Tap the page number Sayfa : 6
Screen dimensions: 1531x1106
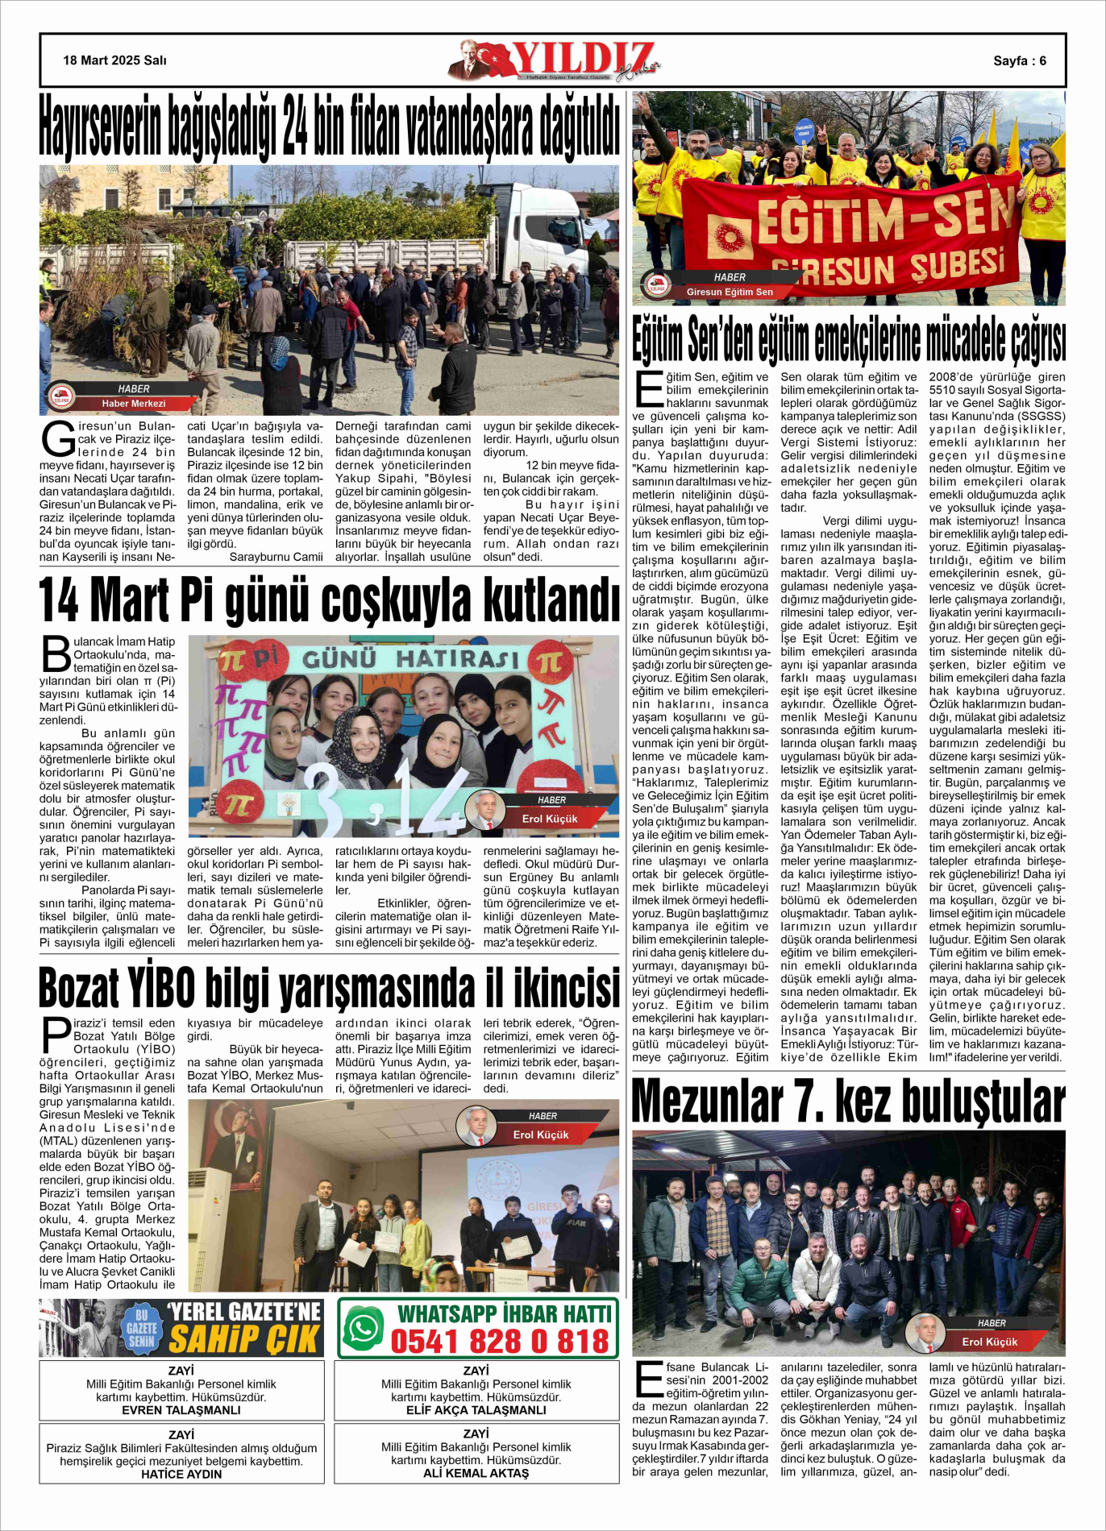pyautogui.click(x=1019, y=60)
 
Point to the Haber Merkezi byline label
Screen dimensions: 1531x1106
pyautogui.click(x=133, y=404)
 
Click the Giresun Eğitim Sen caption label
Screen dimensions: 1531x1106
pyautogui.click(x=729, y=292)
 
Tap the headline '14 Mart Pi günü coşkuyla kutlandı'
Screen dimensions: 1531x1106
pyautogui.click(x=329, y=600)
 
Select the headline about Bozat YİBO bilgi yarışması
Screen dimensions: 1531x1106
pyautogui.click(x=329, y=988)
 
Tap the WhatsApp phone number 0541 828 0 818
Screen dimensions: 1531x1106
pyautogui.click(x=500, y=1342)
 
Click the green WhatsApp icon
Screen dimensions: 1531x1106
pyautogui.click(x=364, y=1329)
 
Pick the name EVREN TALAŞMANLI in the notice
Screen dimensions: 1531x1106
pyautogui.click(x=181, y=1410)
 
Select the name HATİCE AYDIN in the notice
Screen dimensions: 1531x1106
pyautogui.click(x=181, y=1474)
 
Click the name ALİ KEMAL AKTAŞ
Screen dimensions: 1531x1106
pyautogui.click(x=476, y=1473)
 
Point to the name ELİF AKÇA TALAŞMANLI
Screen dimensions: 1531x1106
pyautogui.click(x=476, y=1410)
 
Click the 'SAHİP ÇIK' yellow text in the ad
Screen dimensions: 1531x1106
pyautogui.click(x=244, y=1341)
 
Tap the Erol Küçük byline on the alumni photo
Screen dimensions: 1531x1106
pyautogui.click(x=989, y=1342)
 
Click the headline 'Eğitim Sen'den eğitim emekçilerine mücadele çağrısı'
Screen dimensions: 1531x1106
pyautogui.click(x=848, y=340)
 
